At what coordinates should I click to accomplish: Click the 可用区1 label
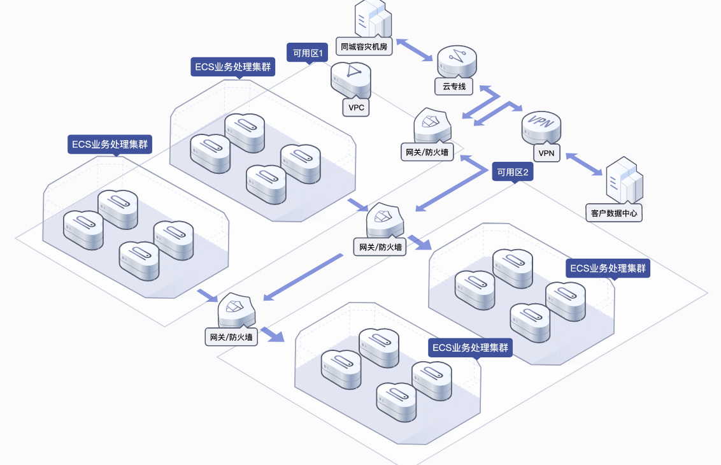(308, 53)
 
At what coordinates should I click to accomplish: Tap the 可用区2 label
(513, 172)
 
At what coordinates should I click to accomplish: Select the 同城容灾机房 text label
(364, 46)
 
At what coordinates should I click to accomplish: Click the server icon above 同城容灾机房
(373, 18)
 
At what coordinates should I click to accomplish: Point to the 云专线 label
(454, 86)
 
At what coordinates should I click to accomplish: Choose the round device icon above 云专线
(457, 61)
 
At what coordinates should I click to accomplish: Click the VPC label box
(356, 108)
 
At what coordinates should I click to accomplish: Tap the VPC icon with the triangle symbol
(351, 79)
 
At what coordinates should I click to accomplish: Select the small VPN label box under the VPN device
(546, 153)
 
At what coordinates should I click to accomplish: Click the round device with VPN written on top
(541, 127)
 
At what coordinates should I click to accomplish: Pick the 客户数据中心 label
(614, 213)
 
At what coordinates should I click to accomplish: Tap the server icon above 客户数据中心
(624, 180)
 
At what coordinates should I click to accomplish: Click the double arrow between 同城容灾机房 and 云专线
(414, 50)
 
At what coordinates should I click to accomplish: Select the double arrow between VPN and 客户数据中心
(584, 164)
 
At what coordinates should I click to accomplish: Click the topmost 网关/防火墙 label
(427, 152)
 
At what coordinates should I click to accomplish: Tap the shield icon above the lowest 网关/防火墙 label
(236, 310)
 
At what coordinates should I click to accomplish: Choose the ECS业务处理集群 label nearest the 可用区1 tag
(232, 67)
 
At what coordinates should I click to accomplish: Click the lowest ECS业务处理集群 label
(471, 347)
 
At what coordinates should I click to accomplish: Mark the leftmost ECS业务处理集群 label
(110, 145)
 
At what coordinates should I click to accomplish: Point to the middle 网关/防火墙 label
(380, 247)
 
